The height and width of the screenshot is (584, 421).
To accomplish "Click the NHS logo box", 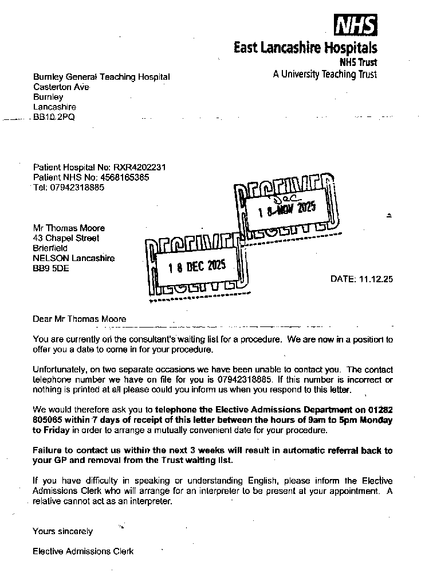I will pos(355,26).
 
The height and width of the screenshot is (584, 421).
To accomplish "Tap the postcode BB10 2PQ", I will pos(54,117).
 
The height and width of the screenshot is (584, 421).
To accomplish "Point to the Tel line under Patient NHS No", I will pos(69,187).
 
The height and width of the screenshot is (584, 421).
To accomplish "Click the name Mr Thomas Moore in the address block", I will pos(69,228).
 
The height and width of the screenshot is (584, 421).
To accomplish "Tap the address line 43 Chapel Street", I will pos(66,238).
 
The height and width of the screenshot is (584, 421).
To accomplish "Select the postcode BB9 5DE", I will pos(51,268).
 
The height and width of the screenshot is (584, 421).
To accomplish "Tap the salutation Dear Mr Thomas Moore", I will pos(80,319).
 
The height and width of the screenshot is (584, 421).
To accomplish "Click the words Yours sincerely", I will pos(62,531).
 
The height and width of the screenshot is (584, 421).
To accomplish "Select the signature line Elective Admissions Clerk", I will pos(83,551).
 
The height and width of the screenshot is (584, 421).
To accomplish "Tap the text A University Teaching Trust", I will pos(325,74).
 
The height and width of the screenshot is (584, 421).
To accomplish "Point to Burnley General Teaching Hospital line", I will pos(101,77).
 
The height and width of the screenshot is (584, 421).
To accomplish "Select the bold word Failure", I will pos(48,450).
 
